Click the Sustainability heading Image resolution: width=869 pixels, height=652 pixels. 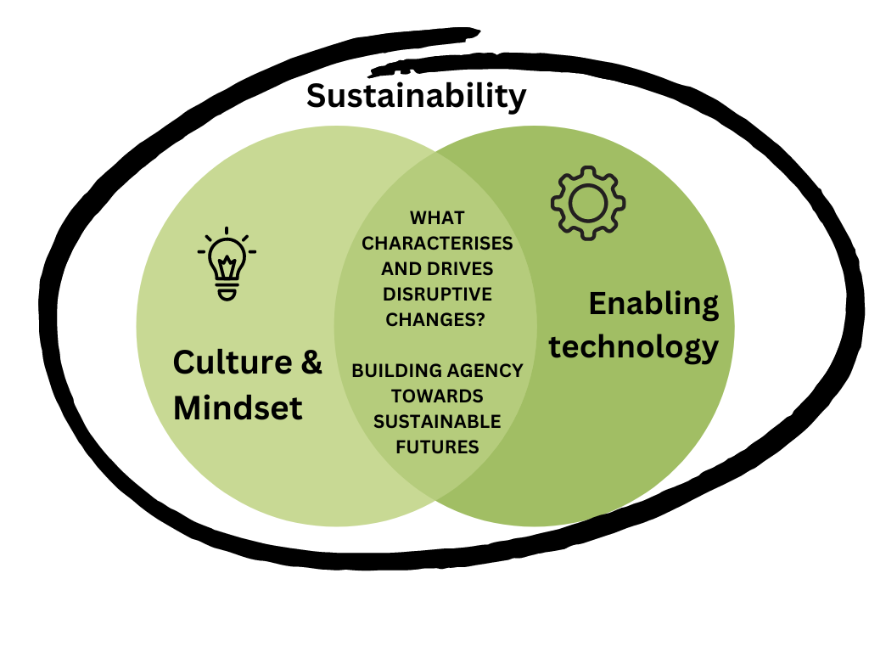[x=416, y=95]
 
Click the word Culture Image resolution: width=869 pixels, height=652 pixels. [x=224, y=363]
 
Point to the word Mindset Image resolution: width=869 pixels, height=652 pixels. [x=238, y=408]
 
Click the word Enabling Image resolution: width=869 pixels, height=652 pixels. [x=653, y=303]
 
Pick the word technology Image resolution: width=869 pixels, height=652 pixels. [x=633, y=346]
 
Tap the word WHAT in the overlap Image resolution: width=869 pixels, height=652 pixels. [x=437, y=218]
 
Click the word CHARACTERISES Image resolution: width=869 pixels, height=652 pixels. [x=437, y=244]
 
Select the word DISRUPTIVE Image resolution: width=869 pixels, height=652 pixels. [x=437, y=294]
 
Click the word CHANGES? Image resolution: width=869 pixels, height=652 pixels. [x=437, y=319]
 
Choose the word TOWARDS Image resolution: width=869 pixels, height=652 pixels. [x=437, y=396]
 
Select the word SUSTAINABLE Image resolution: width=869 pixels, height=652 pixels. [x=437, y=421]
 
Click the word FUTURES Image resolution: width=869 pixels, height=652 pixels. [x=437, y=447]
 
